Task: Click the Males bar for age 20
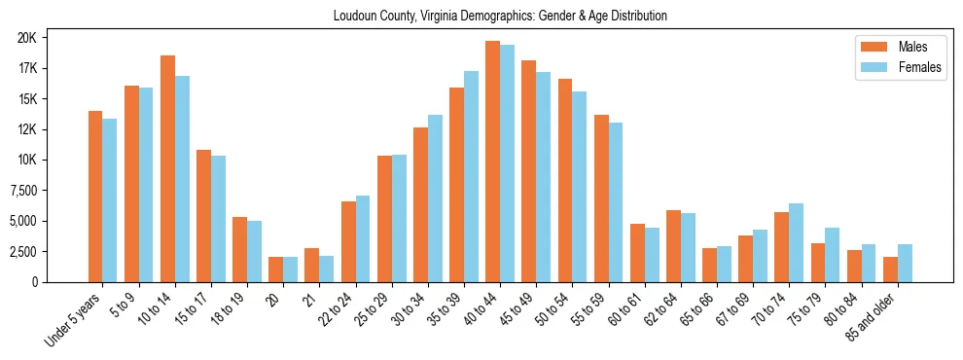[x=275, y=270]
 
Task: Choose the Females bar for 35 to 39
[x=471, y=176]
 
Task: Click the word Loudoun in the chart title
[x=357, y=17]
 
